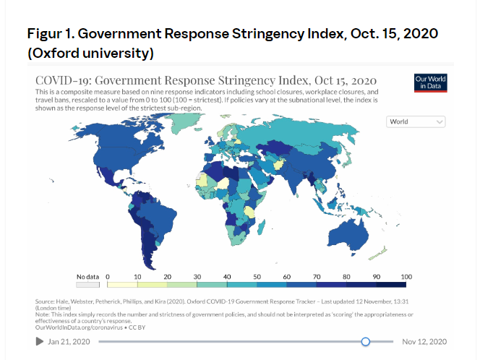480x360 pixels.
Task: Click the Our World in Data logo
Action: coord(430,82)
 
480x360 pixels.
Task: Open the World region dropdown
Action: coord(416,122)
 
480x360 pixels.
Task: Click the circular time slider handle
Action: coord(366,341)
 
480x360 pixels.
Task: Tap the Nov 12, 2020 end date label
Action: coord(424,341)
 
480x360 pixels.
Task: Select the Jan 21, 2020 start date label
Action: coord(70,341)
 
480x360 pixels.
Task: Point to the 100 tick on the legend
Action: coord(406,276)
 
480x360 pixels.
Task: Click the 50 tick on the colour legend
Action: coord(257,276)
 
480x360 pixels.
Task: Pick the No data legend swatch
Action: coord(88,284)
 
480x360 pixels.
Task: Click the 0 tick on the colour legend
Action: coord(108,276)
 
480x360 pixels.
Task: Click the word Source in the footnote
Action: coord(45,301)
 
